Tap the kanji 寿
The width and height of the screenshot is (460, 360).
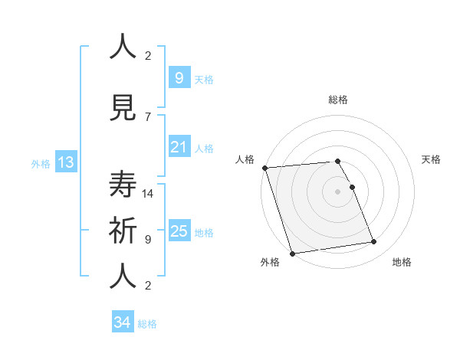pyautogui.click(x=123, y=184)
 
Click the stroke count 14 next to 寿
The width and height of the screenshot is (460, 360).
pyautogui.click(x=148, y=194)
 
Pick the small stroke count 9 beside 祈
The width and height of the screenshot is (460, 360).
pyautogui.click(x=148, y=239)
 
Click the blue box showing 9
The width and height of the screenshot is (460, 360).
pyautogui.click(x=179, y=77)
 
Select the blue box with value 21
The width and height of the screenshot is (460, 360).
pyautogui.click(x=179, y=147)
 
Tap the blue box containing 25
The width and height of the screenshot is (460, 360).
pyautogui.click(x=179, y=231)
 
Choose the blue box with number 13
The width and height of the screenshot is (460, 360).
pyautogui.click(x=65, y=162)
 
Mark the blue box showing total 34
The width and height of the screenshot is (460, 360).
pyautogui.click(x=122, y=322)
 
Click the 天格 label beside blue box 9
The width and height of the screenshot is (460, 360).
pyautogui.click(x=204, y=79)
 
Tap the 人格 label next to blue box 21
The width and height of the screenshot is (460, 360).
pyautogui.click(x=204, y=149)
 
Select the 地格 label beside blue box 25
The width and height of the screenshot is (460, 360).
pyautogui.click(x=204, y=233)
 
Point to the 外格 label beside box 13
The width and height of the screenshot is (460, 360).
pyautogui.click(x=41, y=163)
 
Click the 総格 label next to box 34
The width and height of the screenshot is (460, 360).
pyautogui.click(x=147, y=324)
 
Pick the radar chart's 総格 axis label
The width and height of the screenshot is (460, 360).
pyautogui.click(x=337, y=100)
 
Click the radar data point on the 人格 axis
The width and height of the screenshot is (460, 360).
pyautogui.click(x=264, y=168)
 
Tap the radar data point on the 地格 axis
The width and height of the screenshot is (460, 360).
pyautogui.click(x=374, y=242)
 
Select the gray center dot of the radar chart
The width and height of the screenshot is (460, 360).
pyautogui.click(x=337, y=191)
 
